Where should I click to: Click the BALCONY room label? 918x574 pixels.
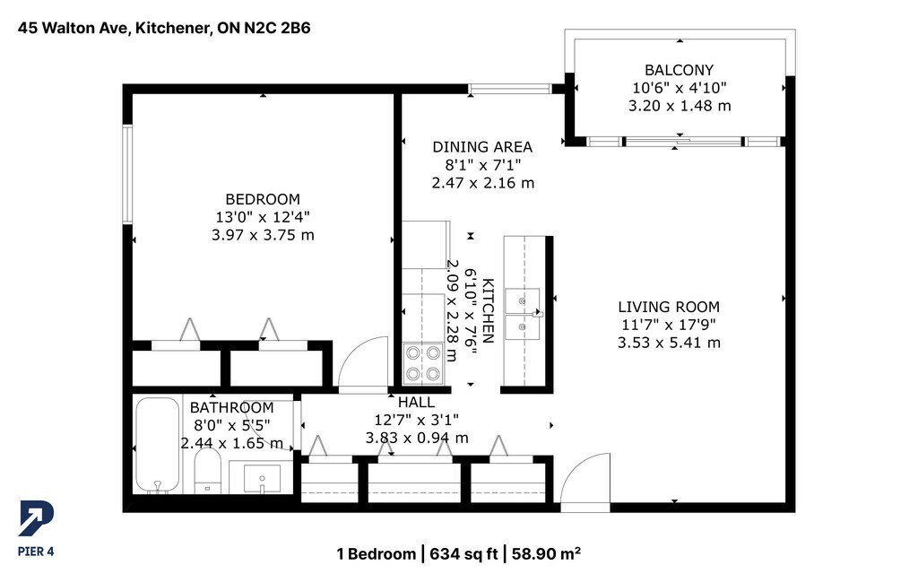[x=680, y=70]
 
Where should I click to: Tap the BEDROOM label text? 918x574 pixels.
[x=263, y=199]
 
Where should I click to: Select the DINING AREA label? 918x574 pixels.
[x=482, y=146]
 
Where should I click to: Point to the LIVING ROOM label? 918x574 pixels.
[x=669, y=307]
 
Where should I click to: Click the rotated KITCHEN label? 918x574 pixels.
[x=489, y=311]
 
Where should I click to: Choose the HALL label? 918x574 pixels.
[x=416, y=403]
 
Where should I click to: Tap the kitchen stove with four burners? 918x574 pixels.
[x=423, y=363]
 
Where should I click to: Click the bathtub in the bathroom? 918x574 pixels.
[x=158, y=446]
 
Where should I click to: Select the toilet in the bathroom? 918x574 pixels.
[x=207, y=470]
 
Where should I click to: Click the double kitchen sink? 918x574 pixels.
[x=523, y=314]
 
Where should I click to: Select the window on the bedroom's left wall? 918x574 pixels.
[x=127, y=174]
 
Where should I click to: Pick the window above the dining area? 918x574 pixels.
[x=510, y=89]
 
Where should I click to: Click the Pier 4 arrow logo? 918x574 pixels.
[x=36, y=518]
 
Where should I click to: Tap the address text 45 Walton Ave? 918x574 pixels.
[x=74, y=28]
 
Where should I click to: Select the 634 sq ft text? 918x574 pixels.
[x=463, y=553]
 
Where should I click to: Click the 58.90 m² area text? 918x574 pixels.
[x=546, y=553]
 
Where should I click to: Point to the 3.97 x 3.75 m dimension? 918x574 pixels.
[x=263, y=236]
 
